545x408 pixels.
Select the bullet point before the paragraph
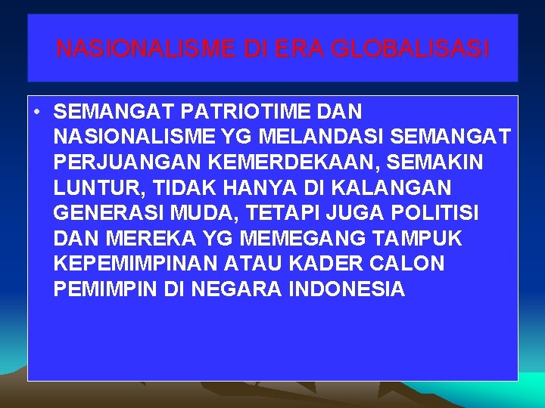36,113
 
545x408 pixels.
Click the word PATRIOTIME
244,112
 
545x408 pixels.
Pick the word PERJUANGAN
123,163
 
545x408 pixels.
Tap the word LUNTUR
91,188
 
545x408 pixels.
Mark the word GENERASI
107,214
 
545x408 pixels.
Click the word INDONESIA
347,289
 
